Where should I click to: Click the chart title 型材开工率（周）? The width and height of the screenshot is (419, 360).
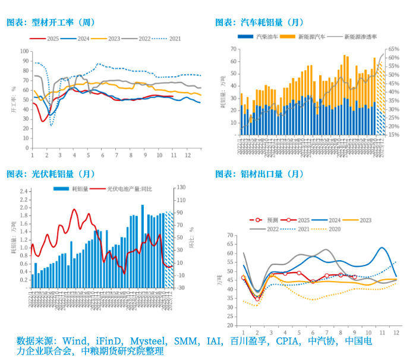click(x=51, y=23)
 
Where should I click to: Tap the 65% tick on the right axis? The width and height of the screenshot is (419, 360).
click(x=393, y=49)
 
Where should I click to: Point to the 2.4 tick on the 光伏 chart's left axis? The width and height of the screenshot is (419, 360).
click(x=24, y=192)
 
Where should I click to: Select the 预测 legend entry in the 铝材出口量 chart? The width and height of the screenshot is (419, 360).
click(x=266, y=220)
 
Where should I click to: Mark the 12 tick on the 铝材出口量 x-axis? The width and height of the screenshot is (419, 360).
click(x=395, y=331)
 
